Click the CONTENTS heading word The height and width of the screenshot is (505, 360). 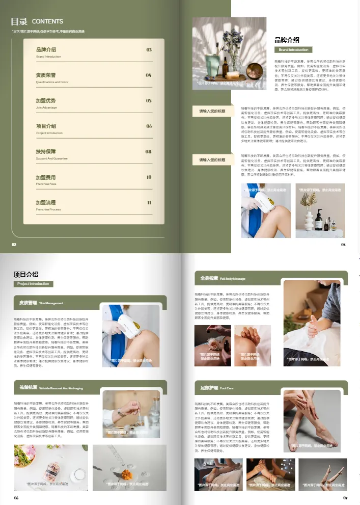click(x=47, y=21)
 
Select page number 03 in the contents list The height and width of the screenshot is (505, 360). click(x=149, y=50)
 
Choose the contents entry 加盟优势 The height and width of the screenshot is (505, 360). click(x=46, y=100)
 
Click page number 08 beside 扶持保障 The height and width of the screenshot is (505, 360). click(x=148, y=152)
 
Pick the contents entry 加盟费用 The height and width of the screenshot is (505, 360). click(x=46, y=177)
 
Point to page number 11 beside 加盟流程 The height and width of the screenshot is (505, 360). click(x=149, y=203)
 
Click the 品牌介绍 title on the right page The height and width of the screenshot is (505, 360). click(x=287, y=40)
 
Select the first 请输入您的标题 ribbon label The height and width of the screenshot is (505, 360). click(x=212, y=111)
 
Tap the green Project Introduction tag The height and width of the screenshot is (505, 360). click(x=33, y=284)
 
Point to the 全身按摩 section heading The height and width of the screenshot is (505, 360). click(x=209, y=279)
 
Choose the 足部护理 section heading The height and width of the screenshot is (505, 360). click(x=209, y=388)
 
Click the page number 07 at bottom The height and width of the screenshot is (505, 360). click(x=345, y=497)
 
